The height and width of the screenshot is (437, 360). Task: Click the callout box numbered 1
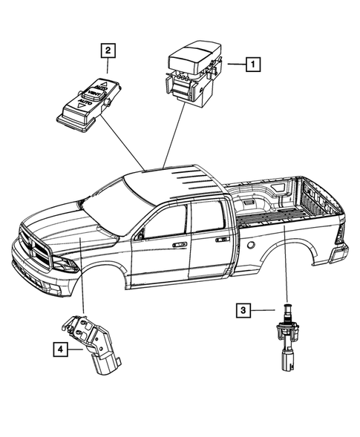click(x=253, y=65)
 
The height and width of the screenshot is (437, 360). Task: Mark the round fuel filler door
click(x=251, y=244)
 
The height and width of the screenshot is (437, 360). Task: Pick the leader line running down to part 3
click(x=284, y=267)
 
